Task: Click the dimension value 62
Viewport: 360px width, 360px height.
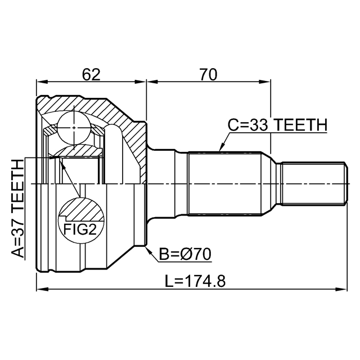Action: click(91, 74)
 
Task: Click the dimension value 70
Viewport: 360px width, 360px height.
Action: click(208, 74)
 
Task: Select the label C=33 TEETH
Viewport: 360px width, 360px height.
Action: click(277, 125)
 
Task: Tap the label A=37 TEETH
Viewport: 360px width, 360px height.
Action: click(19, 208)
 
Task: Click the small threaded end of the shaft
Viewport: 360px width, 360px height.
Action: click(312, 184)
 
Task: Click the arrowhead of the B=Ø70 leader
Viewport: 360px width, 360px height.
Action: click(148, 247)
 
